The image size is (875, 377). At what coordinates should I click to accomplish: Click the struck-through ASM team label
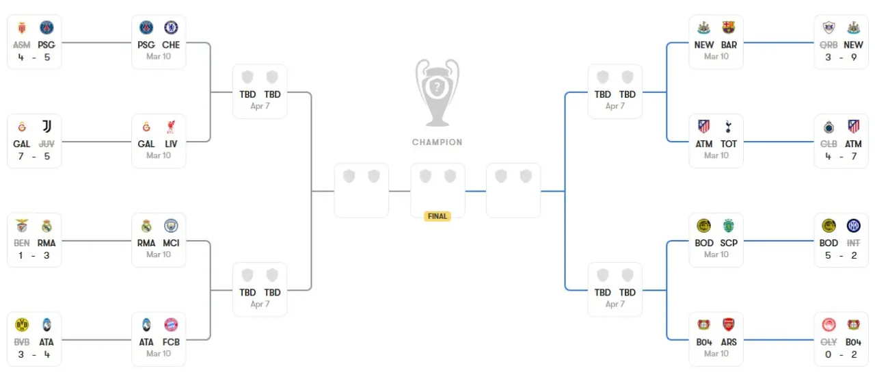(22, 45)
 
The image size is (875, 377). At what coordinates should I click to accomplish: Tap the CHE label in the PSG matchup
(172, 45)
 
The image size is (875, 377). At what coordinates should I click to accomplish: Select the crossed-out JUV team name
(47, 144)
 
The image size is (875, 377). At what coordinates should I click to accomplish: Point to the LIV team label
(172, 144)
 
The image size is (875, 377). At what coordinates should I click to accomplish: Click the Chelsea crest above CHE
(171, 28)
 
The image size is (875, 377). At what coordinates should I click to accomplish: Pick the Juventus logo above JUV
(47, 127)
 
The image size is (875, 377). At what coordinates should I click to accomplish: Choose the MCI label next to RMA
(171, 243)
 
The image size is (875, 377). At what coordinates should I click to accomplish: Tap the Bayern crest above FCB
(171, 325)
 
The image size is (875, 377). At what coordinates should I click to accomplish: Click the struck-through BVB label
(22, 342)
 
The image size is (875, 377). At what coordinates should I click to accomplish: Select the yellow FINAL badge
(437, 216)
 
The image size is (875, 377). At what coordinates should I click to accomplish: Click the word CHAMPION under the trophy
(437, 142)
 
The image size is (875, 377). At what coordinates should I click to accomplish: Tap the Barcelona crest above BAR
(729, 28)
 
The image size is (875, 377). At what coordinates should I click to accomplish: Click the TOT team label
(729, 144)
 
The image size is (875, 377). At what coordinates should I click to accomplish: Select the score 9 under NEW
(854, 57)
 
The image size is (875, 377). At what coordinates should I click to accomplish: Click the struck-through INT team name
(854, 243)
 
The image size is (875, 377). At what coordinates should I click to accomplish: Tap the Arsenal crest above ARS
(729, 325)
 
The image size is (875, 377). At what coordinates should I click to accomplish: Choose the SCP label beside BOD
(729, 243)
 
